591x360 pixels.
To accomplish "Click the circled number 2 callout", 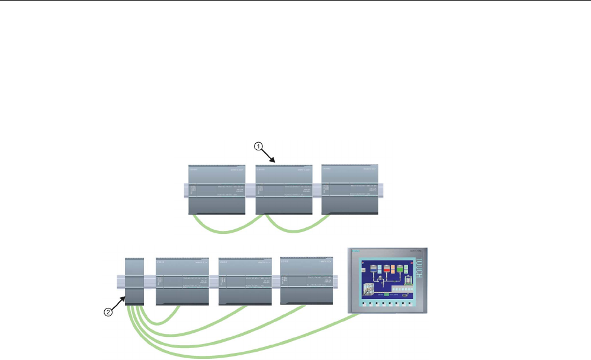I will (107, 313).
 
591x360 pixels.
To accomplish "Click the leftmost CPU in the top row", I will (217, 189).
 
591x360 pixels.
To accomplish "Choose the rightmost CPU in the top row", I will (349, 189).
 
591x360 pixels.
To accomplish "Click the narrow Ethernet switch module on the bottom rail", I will (135, 282).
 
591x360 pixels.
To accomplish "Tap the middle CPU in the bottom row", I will (246, 281).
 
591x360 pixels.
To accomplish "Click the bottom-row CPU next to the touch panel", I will (308, 281).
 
